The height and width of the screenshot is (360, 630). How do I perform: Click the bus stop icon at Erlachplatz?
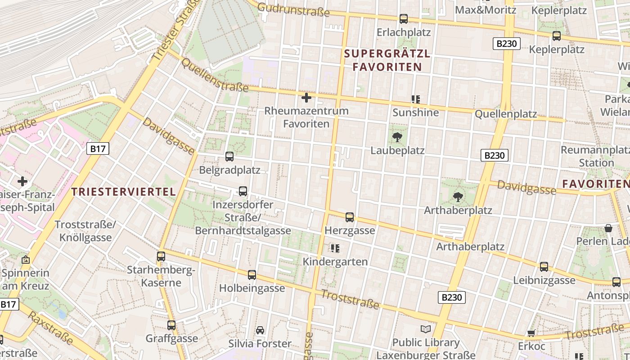click(404, 19)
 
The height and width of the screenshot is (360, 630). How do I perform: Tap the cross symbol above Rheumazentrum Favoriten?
click(306, 98)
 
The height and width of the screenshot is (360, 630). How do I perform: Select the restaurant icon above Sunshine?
click(415, 99)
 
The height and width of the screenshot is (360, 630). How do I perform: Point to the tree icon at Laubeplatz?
click(397, 137)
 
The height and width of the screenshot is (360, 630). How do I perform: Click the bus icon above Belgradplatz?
click(229, 157)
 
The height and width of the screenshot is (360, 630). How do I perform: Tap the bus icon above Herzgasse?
click(350, 217)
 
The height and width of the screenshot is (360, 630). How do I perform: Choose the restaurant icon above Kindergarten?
click(335, 248)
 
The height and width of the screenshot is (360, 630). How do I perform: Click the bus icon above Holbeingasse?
click(252, 274)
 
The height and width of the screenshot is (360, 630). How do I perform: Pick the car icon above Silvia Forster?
click(260, 331)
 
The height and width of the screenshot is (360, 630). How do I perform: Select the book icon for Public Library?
click(425, 329)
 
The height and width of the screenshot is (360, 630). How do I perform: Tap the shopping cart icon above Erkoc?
click(531, 333)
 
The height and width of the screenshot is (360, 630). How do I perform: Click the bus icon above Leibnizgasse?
click(544, 267)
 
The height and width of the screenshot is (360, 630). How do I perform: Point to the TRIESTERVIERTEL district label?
click(124, 192)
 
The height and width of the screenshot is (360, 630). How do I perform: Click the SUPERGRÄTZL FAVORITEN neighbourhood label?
click(387, 60)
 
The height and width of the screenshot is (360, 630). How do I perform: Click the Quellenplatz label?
click(506, 114)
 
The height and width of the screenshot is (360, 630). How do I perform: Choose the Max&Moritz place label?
click(486, 9)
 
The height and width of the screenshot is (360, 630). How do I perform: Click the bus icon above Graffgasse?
click(171, 325)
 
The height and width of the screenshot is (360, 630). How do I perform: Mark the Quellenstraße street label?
click(214, 75)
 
